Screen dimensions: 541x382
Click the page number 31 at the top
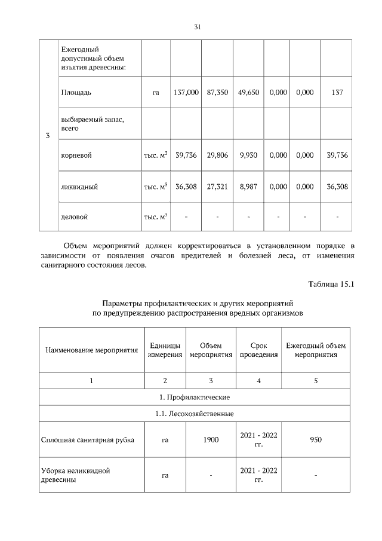(198, 27)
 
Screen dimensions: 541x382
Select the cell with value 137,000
(186, 93)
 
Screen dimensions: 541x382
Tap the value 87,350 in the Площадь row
(217, 93)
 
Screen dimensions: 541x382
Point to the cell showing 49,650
(248, 93)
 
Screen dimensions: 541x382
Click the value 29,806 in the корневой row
(217, 155)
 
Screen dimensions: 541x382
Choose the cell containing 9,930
(248, 155)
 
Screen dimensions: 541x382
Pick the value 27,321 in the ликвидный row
(217, 186)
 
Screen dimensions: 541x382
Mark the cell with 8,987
(248, 186)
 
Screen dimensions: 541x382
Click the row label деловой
(74, 216)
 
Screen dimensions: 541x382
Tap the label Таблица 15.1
(331, 284)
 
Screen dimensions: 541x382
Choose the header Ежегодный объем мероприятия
(316, 350)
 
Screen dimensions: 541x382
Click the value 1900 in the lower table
(211, 440)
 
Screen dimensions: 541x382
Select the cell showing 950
(316, 440)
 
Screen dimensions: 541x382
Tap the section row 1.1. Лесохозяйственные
(198, 414)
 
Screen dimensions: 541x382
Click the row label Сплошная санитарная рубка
(87, 440)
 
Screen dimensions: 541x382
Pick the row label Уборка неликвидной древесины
(75, 475)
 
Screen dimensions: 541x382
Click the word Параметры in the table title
(122, 303)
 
